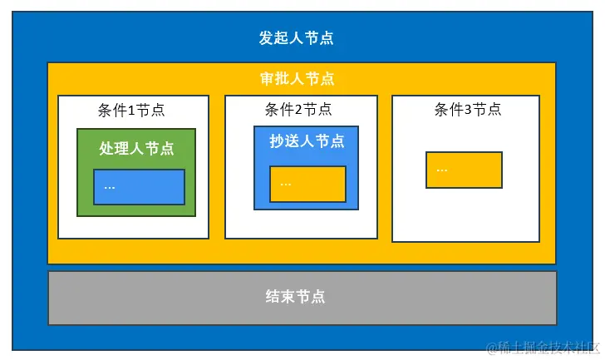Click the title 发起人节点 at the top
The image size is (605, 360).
297,38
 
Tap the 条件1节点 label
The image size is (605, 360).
131,110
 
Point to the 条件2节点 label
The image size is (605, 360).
298,110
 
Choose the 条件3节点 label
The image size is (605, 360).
468,110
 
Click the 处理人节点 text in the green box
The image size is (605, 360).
136,148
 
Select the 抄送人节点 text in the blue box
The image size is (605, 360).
307,141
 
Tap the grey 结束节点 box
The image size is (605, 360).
302,297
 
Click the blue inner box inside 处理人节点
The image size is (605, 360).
139,187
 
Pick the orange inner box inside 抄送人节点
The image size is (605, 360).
307,184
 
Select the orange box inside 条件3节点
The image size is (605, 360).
464,170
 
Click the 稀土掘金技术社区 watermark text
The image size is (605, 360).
548,347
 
